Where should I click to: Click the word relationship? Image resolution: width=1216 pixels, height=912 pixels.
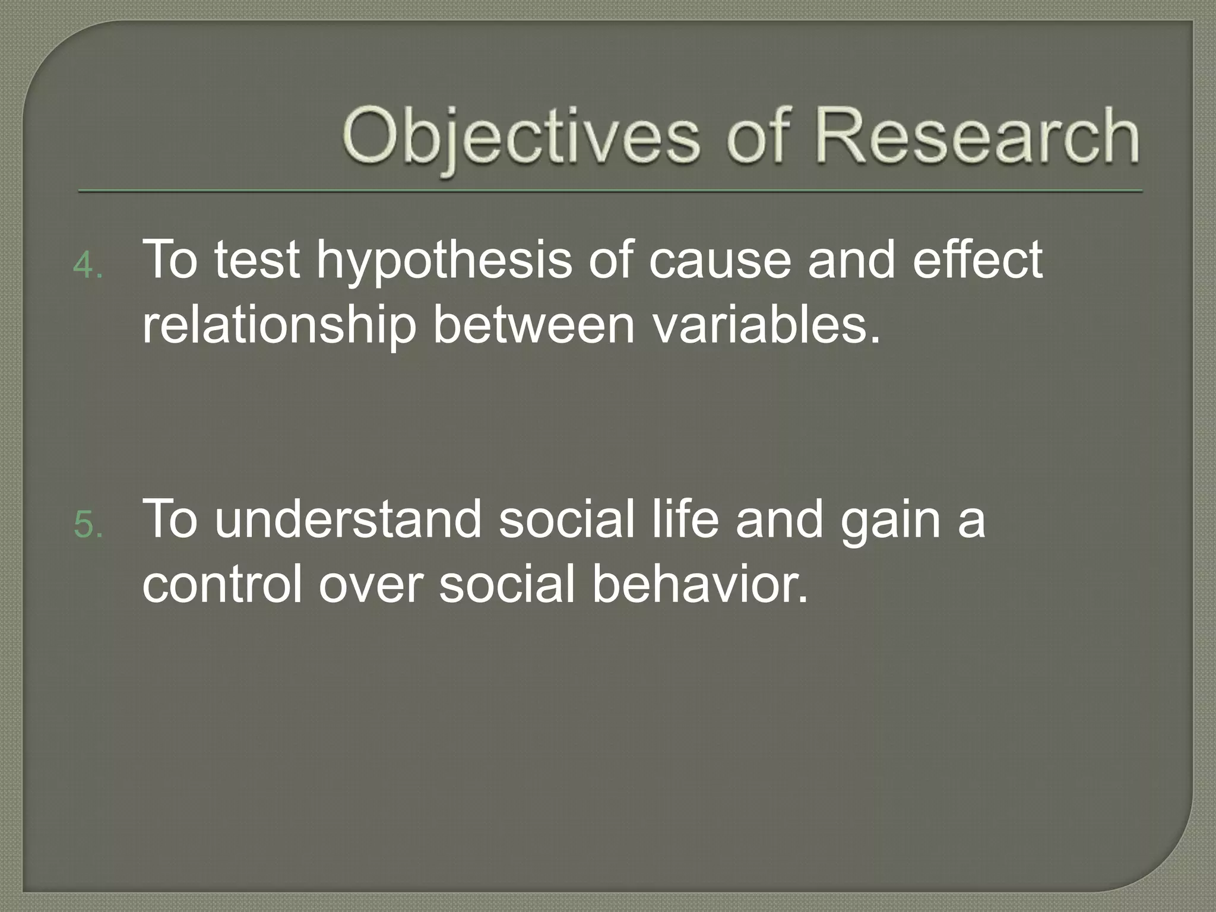[x=279, y=327]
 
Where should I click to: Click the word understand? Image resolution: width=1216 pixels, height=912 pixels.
[x=348, y=520]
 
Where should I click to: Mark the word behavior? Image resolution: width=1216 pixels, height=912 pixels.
[x=701, y=584]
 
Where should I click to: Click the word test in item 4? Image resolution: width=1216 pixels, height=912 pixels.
[x=256, y=261]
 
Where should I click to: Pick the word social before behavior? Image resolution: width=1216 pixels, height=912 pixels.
[x=507, y=584]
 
